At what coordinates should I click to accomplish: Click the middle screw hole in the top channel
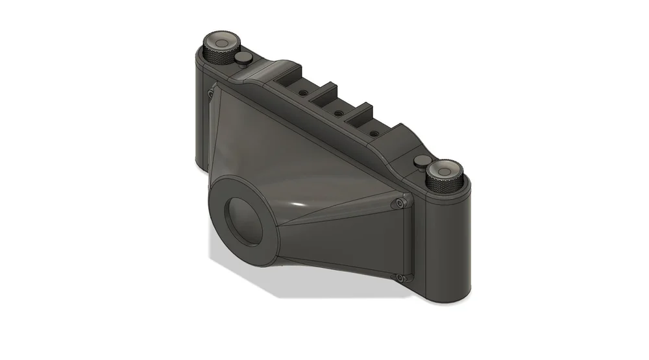pos(338,114)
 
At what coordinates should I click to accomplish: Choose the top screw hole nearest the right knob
pos(374,133)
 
